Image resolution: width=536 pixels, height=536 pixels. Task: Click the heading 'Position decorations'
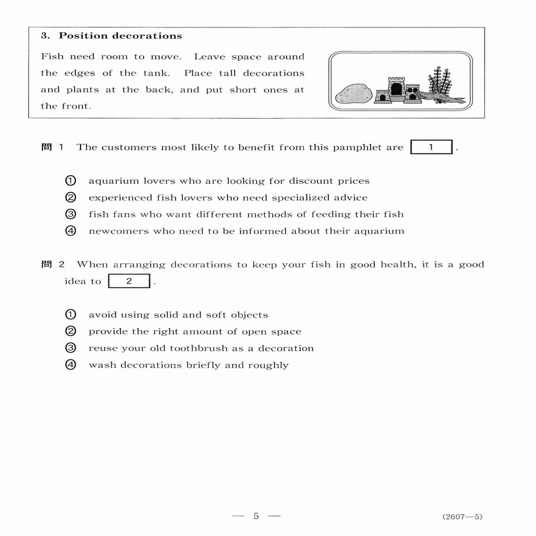(120, 36)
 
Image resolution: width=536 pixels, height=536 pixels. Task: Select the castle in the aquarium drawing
(397, 90)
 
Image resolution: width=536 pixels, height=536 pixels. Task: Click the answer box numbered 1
(431, 147)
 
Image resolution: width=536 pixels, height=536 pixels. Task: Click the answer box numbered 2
(129, 281)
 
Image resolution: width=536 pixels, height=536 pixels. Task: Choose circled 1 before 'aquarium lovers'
(71, 181)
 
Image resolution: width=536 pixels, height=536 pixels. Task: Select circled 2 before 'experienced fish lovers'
(71, 197)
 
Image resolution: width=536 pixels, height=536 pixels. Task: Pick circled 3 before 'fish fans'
(71, 214)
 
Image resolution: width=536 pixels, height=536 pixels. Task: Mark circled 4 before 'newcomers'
(71, 231)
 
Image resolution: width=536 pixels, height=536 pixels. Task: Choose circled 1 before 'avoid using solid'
(71, 315)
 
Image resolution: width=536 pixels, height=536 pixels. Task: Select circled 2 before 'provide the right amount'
(71, 331)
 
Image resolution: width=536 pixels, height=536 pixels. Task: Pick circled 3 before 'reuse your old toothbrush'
(71, 348)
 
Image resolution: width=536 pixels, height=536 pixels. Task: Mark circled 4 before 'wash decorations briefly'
(71, 365)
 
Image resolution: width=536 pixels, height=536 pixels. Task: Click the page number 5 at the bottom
(256, 516)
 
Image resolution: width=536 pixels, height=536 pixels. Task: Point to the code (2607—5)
(462, 517)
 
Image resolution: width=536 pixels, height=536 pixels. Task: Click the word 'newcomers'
(119, 231)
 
